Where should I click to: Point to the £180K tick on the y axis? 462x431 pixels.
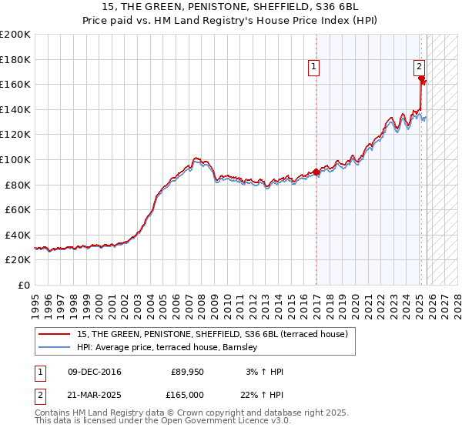(15, 59)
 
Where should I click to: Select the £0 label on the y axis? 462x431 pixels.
(23, 285)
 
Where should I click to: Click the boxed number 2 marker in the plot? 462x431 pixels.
(420, 67)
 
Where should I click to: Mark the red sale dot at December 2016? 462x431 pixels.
(316, 172)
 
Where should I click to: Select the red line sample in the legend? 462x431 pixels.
(55, 334)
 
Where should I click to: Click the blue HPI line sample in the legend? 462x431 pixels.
(55, 347)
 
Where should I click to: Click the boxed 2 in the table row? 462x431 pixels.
(39, 394)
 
